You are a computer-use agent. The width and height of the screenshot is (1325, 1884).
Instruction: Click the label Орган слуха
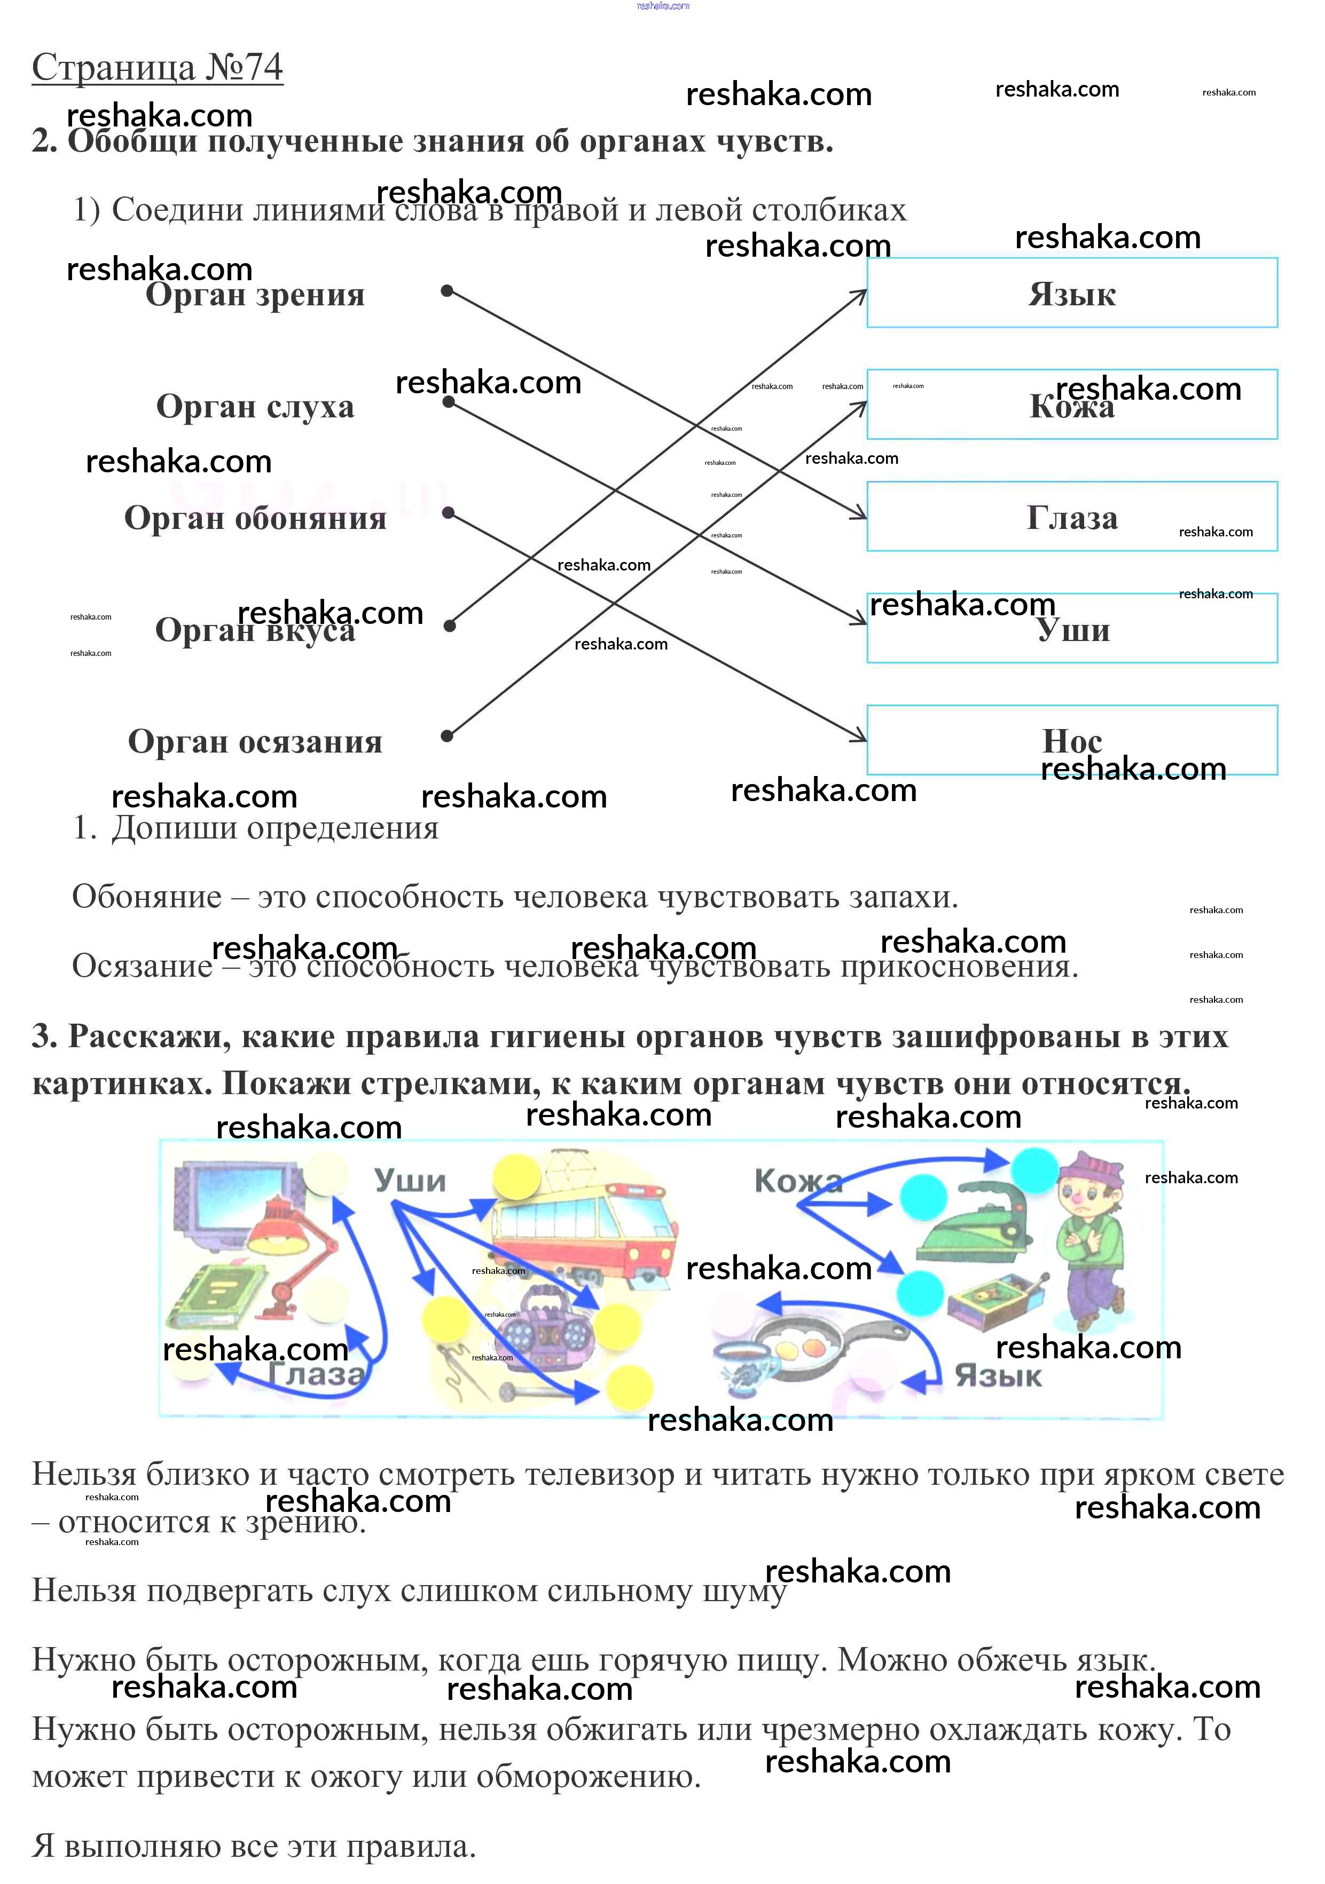[255, 406]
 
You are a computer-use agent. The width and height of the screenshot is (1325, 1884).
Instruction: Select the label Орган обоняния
[255, 518]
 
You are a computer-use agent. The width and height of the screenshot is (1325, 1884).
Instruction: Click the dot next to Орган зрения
[446, 290]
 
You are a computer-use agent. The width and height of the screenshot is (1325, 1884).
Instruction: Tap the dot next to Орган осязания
[446, 736]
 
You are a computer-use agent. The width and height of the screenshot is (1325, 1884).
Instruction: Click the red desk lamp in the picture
[292, 1247]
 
